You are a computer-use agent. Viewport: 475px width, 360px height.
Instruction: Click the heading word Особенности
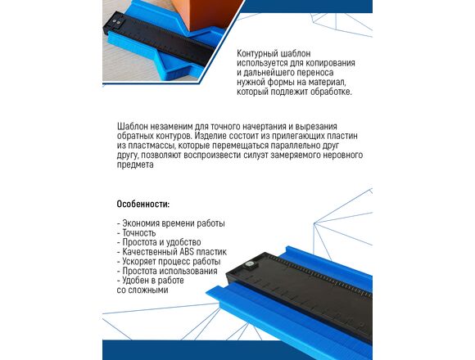143,205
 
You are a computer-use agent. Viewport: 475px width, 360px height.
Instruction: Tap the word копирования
330,63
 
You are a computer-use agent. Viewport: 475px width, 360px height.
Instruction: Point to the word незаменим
170,126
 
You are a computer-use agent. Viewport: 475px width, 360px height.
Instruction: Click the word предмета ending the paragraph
135,165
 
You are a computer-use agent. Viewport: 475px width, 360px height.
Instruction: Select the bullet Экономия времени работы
171,223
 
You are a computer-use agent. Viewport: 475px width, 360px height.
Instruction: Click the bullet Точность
136,233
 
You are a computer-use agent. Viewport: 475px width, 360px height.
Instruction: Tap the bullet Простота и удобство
159,242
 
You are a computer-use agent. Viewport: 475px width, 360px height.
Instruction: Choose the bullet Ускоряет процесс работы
169,261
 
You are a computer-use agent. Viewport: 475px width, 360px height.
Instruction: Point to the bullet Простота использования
167,271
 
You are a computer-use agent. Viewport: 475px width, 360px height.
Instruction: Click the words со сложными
142,290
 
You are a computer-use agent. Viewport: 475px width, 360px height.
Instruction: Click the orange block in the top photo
213,14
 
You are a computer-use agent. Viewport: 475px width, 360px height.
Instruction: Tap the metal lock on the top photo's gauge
115,22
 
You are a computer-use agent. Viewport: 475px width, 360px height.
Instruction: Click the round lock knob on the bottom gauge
250,263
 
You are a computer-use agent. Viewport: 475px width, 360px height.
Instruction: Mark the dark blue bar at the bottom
237,350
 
